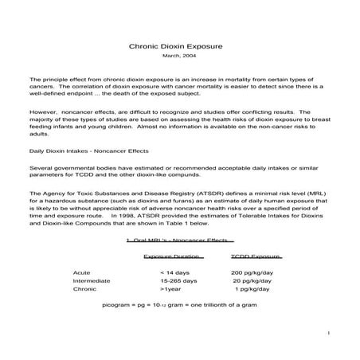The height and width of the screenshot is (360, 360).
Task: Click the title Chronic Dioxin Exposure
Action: (179, 47)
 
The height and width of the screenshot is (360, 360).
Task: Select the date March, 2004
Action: (179, 57)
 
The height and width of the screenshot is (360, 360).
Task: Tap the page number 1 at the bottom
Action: (329, 333)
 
